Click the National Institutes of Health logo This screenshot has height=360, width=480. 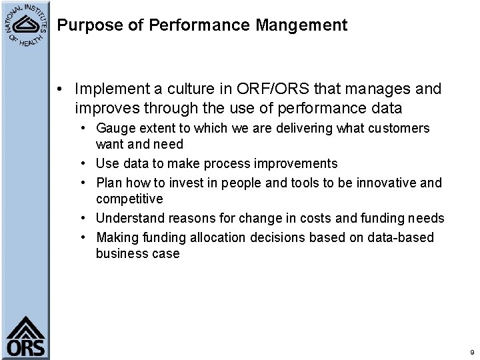coord(27,26)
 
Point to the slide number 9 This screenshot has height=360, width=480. coord(472,351)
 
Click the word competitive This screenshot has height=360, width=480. coord(130,199)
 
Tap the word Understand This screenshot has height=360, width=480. coord(128,219)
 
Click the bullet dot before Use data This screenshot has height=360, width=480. coord(87,164)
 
